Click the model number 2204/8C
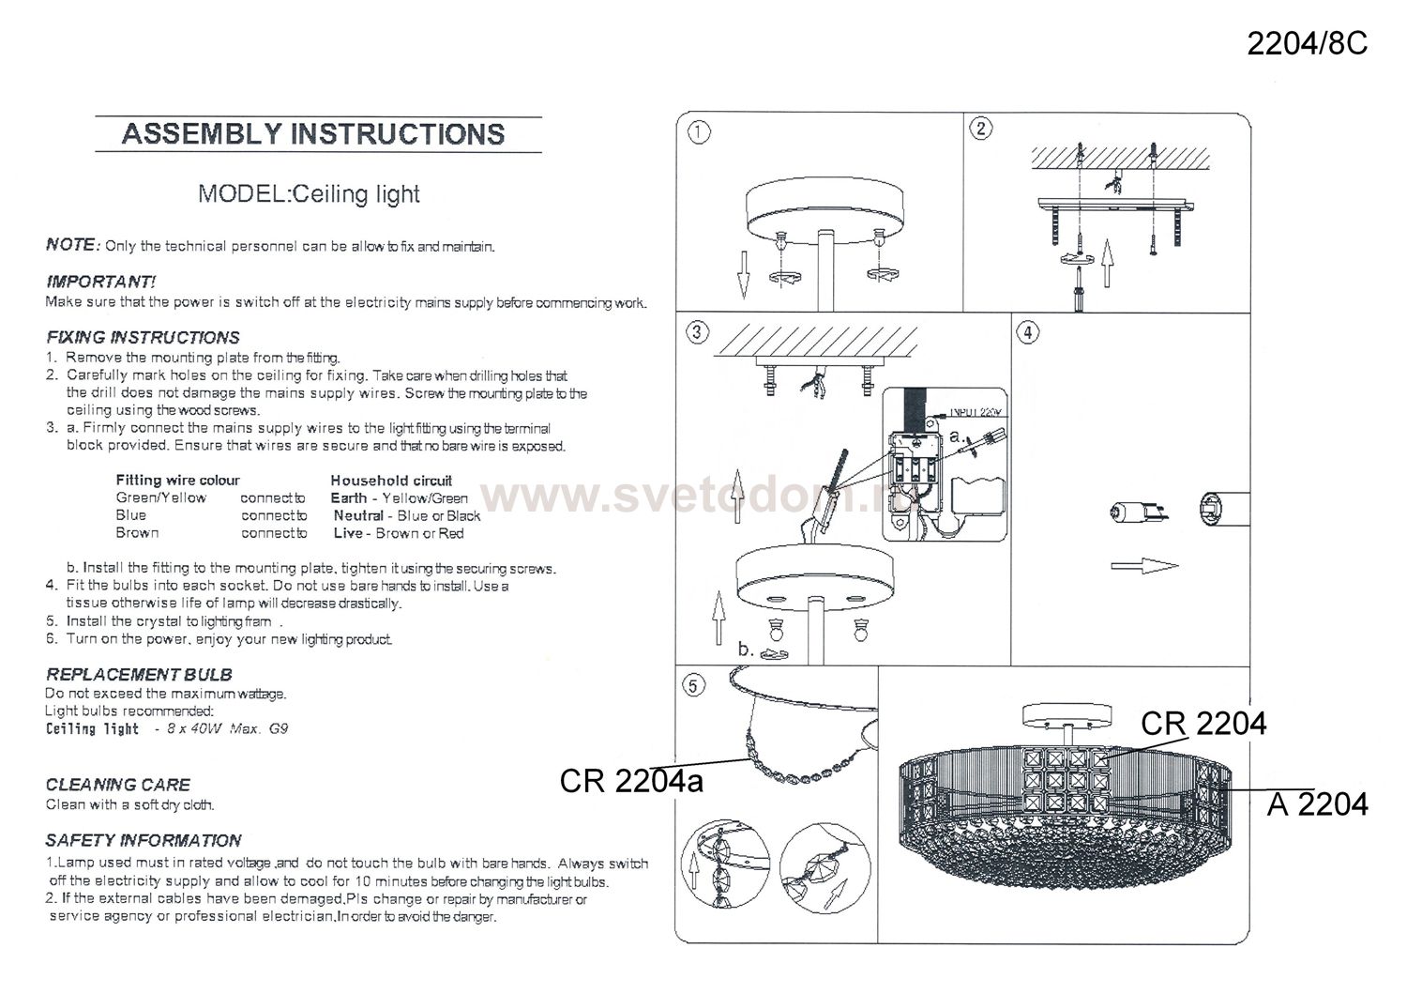[1307, 44]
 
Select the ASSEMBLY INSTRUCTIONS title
[313, 134]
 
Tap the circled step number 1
[699, 132]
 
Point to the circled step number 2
[982, 129]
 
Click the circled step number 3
[697, 332]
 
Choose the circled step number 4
[1028, 332]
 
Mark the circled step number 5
[693, 685]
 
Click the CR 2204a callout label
[631, 782]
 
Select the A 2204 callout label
[1317, 804]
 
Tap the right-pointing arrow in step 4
[1144, 566]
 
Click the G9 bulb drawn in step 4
[1139, 513]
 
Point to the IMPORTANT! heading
[100, 282]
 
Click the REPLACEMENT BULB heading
[139, 675]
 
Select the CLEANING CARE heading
[117, 785]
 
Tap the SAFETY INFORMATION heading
[144, 841]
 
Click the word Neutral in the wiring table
[358, 515]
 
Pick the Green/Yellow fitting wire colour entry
[160, 498]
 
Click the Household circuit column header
[391, 481]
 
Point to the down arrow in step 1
[744, 275]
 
